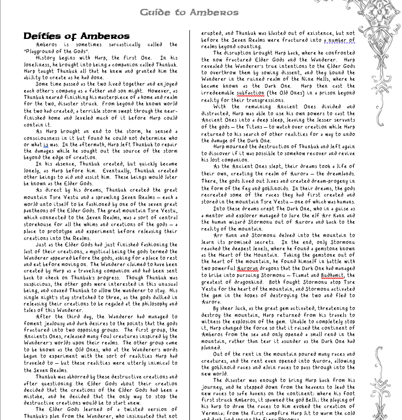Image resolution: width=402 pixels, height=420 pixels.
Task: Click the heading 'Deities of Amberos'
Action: [x=76, y=36]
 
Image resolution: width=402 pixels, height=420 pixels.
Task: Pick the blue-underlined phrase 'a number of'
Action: [x=339, y=40]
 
